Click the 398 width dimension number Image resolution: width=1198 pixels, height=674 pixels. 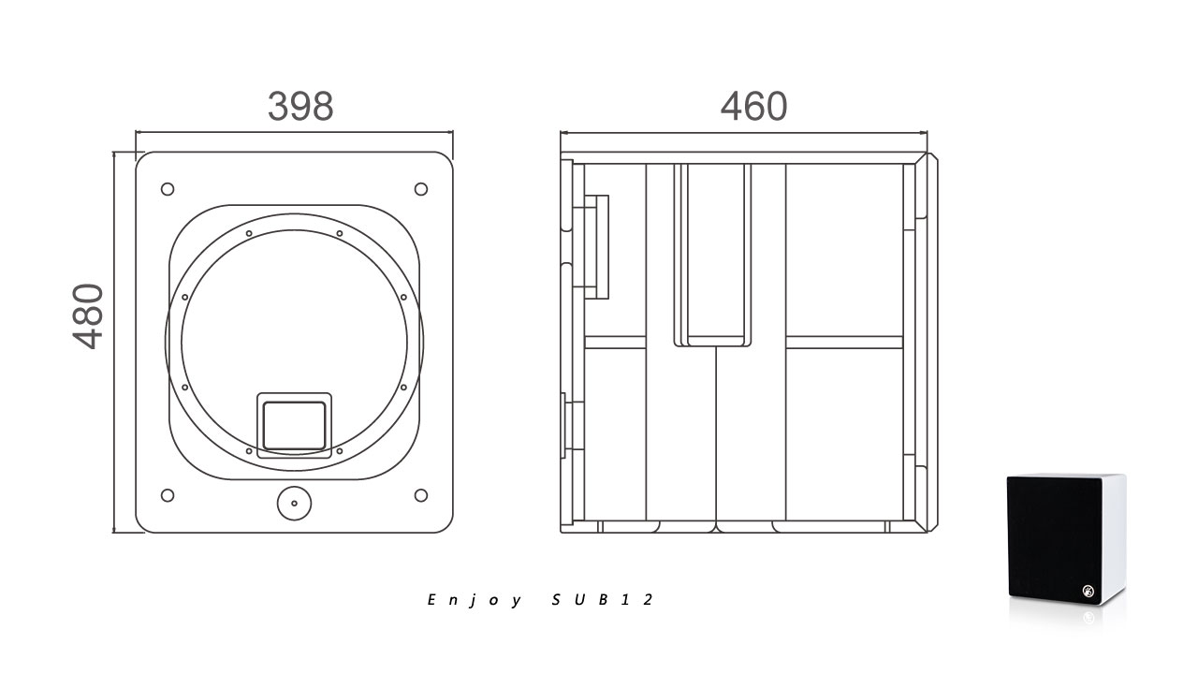pyautogui.click(x=300, y=106)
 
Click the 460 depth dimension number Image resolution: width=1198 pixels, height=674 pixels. pyautogui.click(x=753, y=106)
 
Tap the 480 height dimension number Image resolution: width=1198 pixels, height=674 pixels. pyautogui.click(x=88, y=316)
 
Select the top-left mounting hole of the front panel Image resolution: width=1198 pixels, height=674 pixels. pyautogui.click(x=168, y=189)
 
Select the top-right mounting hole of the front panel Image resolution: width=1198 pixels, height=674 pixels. pyautogui.click(x=421, y=189)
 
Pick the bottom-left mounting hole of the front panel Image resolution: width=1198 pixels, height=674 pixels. pyautogui.click(x=168, y=495)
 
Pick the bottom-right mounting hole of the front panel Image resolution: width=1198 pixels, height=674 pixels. pyautogui.click(x=421, y=495)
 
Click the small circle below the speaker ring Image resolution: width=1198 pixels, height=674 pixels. pyautogui.click(x=294, y=504)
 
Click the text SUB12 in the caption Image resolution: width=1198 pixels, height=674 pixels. pyautogui.click(x=602, y=600)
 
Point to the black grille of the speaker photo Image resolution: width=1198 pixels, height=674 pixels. pyautogui.click(x=1054, y=539)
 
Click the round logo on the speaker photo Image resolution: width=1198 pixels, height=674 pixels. pyautogui.click(x=1088, y=591)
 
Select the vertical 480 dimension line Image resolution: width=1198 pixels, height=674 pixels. pyautogui.click(x=113, y=343)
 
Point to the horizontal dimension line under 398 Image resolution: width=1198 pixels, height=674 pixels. pyautogui.click(x=294, y=132)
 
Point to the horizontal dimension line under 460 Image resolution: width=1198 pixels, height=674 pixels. pyautogui.click(x=744, y=133)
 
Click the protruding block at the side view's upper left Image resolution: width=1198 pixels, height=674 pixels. pyautogui.click(x=596, y=246)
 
